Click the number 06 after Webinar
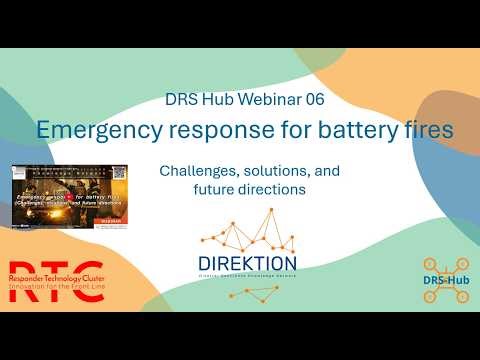[313, 99]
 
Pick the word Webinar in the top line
[264, 99]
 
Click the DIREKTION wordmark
[247, 263]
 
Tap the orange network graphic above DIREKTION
[247, 232]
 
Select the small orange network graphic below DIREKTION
[250, 292]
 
